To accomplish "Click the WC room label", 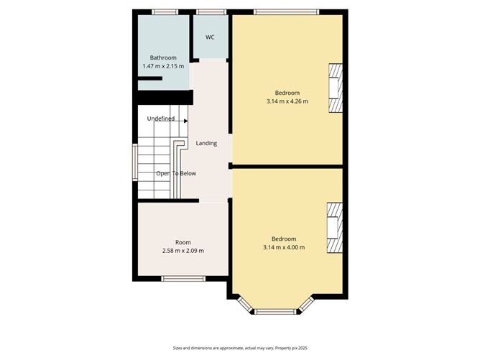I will pos(210,37).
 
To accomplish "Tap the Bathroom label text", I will pos(162,57).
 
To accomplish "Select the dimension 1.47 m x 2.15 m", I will pos(163,66).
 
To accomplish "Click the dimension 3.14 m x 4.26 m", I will pos(287,101).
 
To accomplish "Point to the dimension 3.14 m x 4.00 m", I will pos(283,247).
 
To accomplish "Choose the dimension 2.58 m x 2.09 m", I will pos(183,251).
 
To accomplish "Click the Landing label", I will pos(207,144).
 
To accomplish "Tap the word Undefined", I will pos(160,119).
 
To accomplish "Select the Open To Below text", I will pos(176,173).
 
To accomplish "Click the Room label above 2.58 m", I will pos(183,242).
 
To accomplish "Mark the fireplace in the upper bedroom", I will pos(336,88).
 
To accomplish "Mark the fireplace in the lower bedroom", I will pos(335,229).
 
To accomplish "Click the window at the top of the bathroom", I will pos(165,11).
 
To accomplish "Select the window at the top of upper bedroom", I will pos(287,11).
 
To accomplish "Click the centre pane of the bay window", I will pos(276,312).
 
